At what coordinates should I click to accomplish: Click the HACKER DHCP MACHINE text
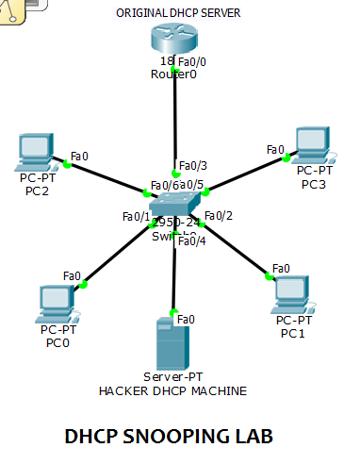pos(173,390)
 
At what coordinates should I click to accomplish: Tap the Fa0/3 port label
pos(192,166)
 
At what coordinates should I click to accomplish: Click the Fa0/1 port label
pos(136,217)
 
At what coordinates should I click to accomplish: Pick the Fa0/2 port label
pos(218,216)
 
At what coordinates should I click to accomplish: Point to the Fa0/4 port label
pos(191,240)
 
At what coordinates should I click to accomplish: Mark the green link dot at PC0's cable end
pos(83,284)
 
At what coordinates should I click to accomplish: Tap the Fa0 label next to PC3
pos(275,149)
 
